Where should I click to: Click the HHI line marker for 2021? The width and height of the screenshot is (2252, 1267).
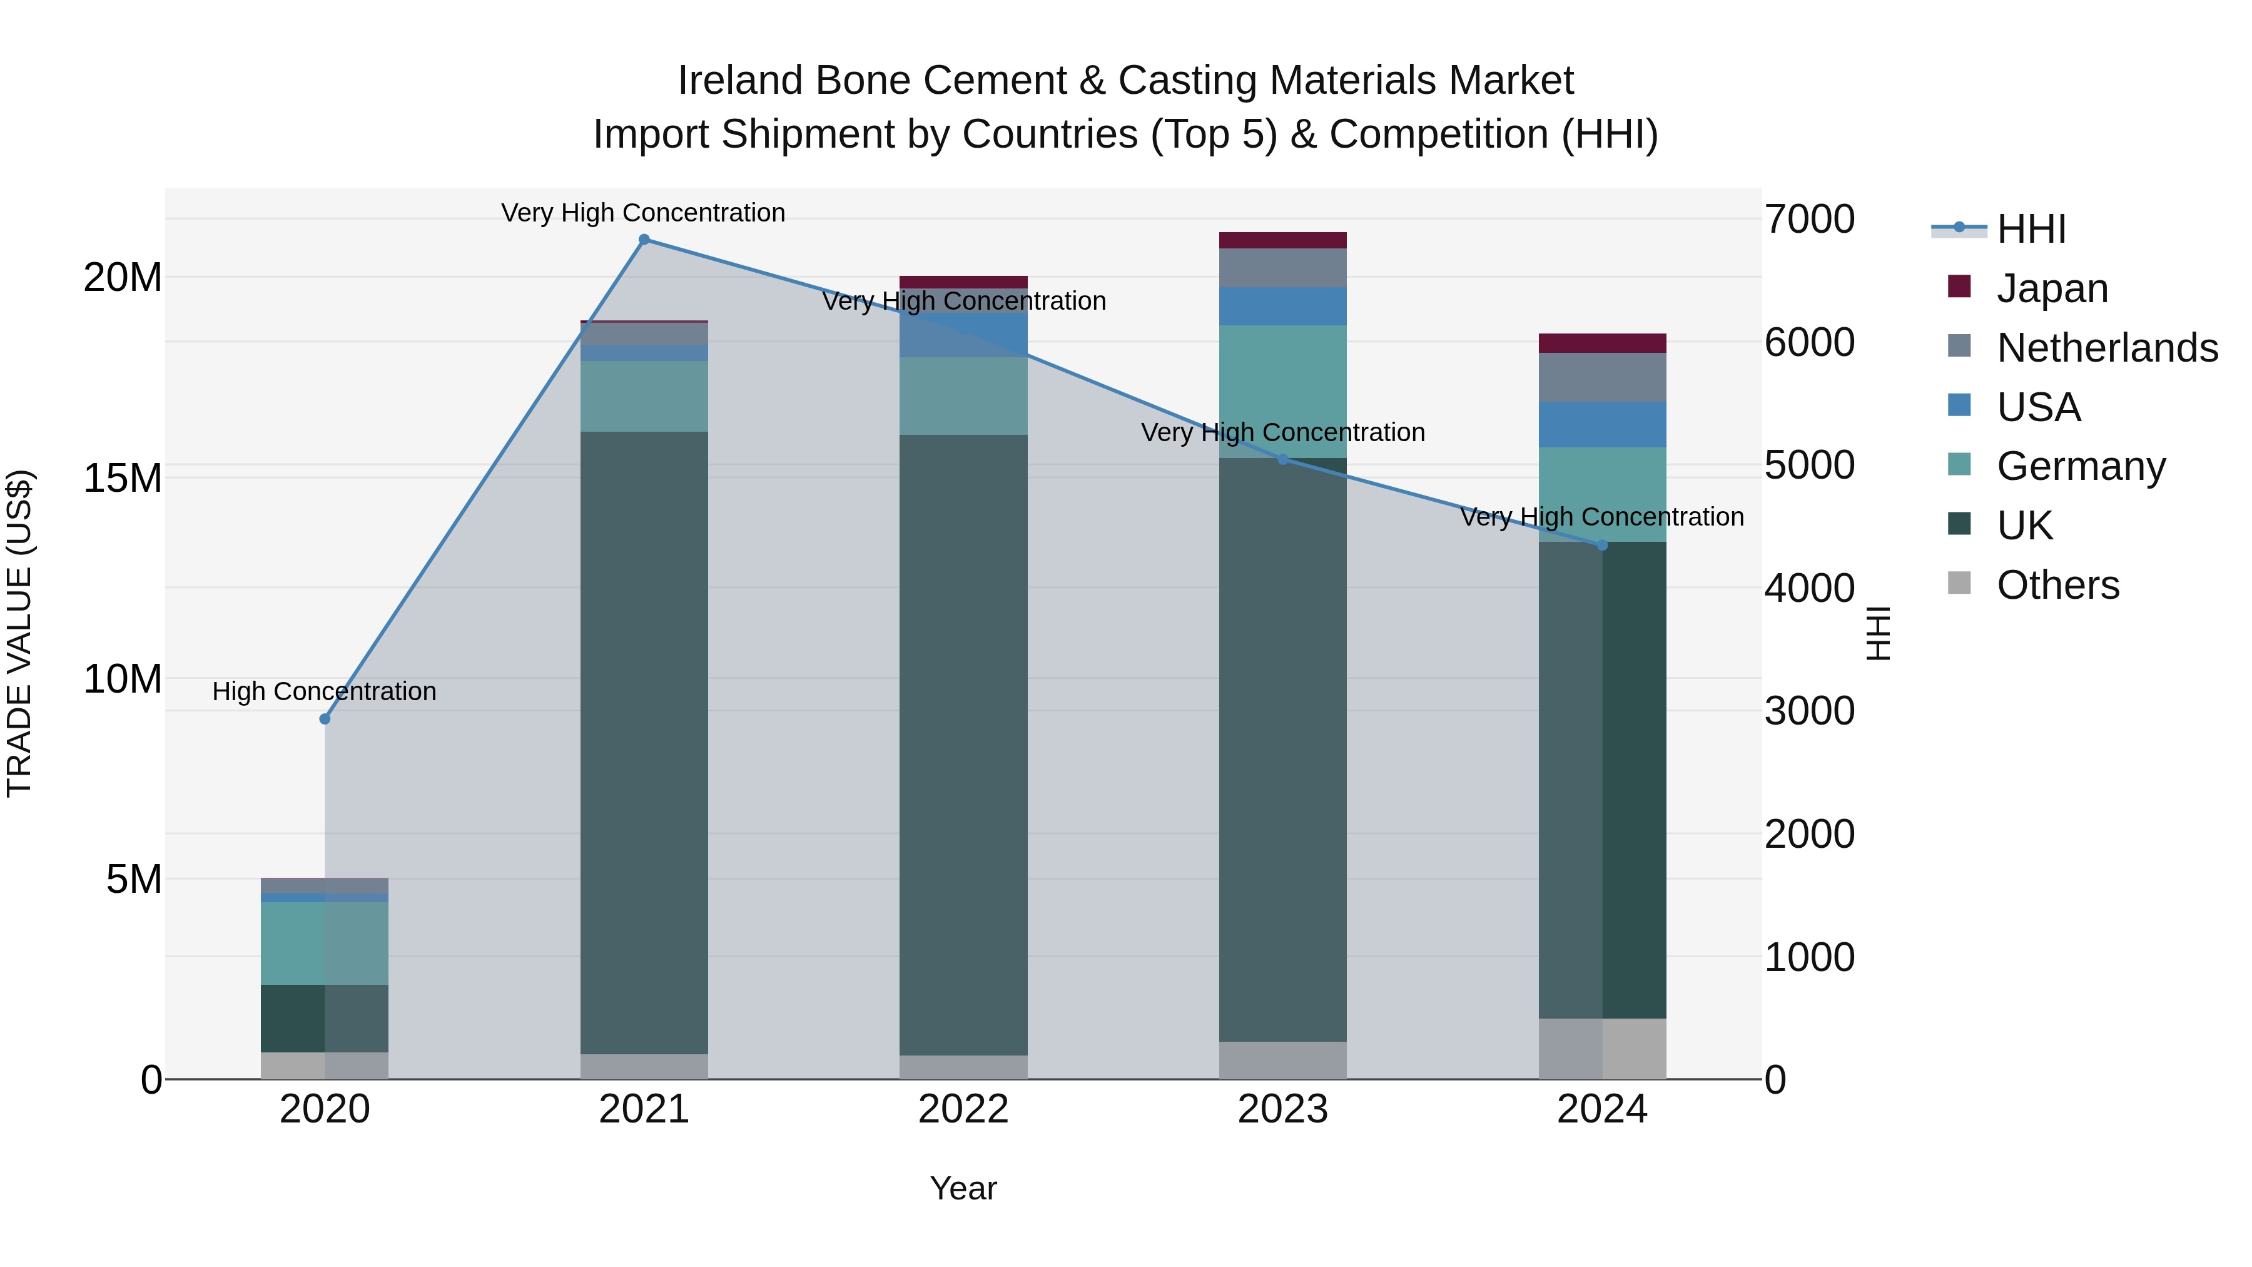pyautogui.click(x=644, y=240)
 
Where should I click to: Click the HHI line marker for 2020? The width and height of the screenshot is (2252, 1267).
pyautogui.click(x=324, y=719)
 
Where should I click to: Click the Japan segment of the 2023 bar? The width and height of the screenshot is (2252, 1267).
pyautogui.click(x=1282, y=240)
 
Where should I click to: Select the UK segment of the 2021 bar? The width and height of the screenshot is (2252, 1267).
pyautogui.click(x=644, y=743)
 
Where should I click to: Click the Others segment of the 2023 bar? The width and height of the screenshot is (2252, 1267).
pyautogui.click(x=1282, y=1060)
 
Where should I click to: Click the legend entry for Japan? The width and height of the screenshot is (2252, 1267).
pyautogui.click(x=2052, y=288)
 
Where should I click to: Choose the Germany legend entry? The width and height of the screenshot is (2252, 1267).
pyautogui.click(x=2081, y=466)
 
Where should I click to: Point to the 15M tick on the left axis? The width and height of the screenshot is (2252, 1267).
pyautogui.click(x=123, y=478)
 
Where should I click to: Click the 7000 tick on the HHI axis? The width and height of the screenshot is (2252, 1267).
pyautogui.click(x=1808, y=220)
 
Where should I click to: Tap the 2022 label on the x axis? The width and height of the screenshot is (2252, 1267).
pyautogui.click(x=963, y=1109)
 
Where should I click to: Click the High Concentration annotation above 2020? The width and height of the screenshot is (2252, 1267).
pyautogui.click(x=324, y=691)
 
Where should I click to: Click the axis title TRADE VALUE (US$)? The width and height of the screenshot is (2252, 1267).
pyautogui.click(x=19, y=633)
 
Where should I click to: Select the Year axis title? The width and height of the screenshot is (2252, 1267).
pyautogui.click(x=963, y=1188)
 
